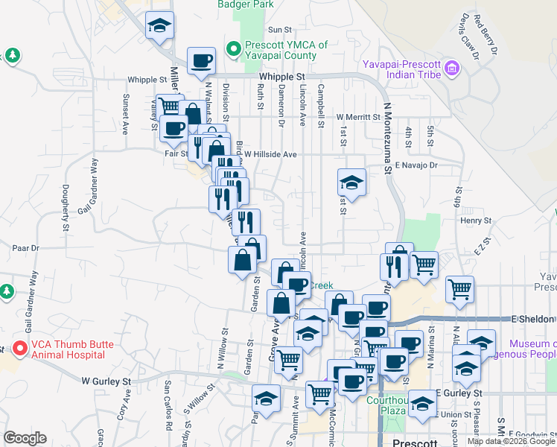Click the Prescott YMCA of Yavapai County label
point(286,50)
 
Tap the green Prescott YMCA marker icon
point(233,50)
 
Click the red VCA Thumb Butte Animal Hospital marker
point(19,348)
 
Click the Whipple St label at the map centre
point(283,77)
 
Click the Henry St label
point(476,221)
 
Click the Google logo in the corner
point(25,438)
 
